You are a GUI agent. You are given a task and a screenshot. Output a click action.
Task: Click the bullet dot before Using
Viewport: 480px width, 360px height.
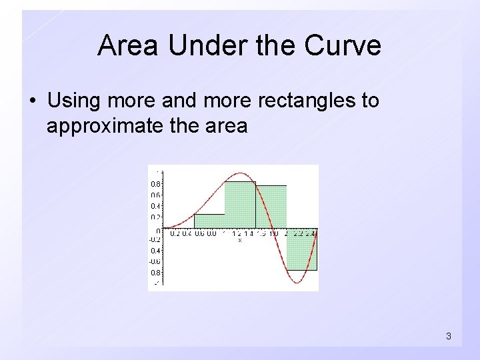(33, 102)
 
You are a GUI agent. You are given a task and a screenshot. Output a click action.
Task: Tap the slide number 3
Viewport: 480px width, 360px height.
(448, 337)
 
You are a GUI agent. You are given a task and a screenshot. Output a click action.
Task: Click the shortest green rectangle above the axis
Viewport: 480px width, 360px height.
(209, 221)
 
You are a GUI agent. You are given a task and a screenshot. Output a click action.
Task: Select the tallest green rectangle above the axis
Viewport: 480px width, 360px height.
(240, 205)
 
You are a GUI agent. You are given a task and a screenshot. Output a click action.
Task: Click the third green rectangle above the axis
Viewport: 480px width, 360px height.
(271, 207)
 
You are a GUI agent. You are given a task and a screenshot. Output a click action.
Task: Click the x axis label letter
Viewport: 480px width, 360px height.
(240, 240)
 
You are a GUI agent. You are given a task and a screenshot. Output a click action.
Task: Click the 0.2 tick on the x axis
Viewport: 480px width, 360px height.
(175, 233)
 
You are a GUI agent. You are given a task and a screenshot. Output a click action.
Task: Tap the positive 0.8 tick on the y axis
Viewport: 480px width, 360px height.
(154, 183)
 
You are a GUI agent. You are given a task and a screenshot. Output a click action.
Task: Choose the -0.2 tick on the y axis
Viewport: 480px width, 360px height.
(154, 239)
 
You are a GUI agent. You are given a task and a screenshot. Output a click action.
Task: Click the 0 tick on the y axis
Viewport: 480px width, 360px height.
(157, 230)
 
